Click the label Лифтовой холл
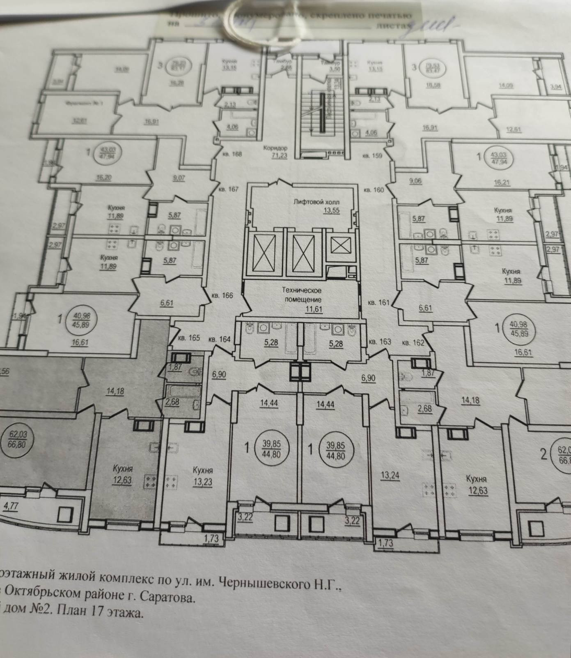(316, 202)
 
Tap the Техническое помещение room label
(303, 294)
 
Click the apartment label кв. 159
(372, 156)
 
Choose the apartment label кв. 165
(189, 338)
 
